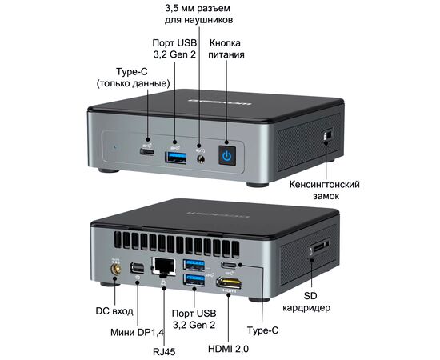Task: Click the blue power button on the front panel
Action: click(x=227, y=155)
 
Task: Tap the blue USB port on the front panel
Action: click(x=176, y=157)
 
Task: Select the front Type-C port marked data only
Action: click(x=147, y=152)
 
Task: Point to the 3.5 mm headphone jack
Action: click(x=201, y=159)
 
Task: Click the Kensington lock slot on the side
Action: click(x=327, y=134)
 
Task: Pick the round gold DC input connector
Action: click(x=115, y=270)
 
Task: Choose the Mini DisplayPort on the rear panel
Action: click(x=138, y=268)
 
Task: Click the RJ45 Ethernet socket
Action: click(x=163, y=266)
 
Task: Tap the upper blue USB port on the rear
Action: click(x=194, y=265)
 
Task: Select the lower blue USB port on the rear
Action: click(x=194, y=280)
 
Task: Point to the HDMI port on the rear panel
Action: click(x=229, y=282)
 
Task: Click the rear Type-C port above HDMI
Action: click(x=229, y=265)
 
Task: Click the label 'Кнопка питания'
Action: click(x=226, y=49)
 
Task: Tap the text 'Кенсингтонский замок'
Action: click(x=325, y=190)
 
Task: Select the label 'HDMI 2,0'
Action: click(x=228, y=349)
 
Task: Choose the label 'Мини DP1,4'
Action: click(x=137, y=333)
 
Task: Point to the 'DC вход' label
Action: click(x=114, y=311)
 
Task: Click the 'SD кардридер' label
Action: click(x=306, y=302)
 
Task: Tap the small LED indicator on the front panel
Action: click(x=114, y=146)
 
